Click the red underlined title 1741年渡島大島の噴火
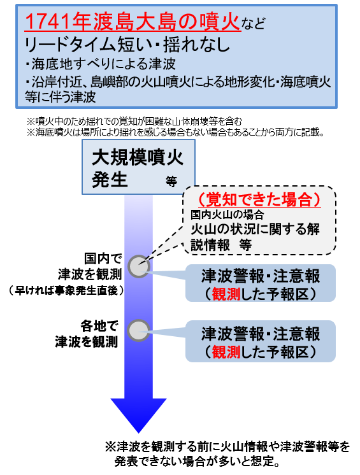[x=133, y=22]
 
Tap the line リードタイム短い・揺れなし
[x=127, y=45]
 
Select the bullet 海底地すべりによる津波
[x=100, y=64]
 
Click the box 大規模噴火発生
[x=138, y=167]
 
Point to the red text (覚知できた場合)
[x=259, y=200]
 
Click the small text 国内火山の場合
[x=227, y=215]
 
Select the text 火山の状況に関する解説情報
[x=255, y=237]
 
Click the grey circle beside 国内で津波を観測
[x=139, y=266]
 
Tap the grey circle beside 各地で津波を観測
[x=139, y=330]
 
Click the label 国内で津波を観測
[x=90, y=267]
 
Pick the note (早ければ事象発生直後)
[x=66, y=290]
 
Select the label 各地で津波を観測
[x=87, y=334]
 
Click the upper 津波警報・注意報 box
[x=261, y=283]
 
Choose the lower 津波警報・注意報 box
[x=261, y=341]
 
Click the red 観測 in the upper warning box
[x=226, y=294]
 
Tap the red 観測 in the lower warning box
[x=226, y=351]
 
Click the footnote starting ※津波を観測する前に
[x=227, y=454]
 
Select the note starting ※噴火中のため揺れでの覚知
[x=134, y=122]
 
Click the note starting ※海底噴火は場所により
[x=175, y=132]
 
